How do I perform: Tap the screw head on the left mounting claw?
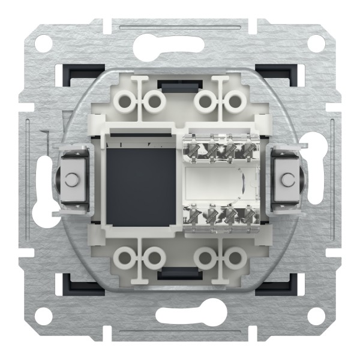(x=71, y=179)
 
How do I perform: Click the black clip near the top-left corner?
(x=71, y=73)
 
